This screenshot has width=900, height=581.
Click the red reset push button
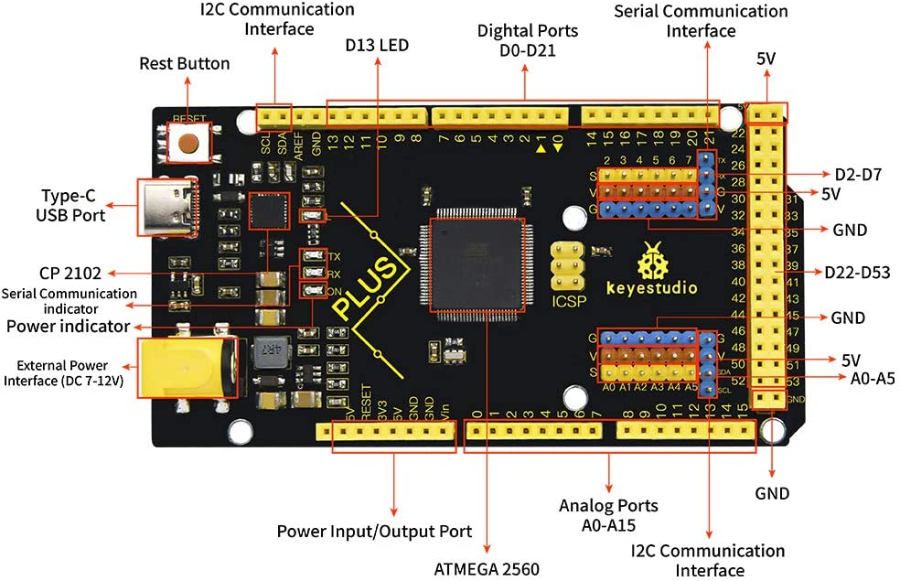[x=188, y=143]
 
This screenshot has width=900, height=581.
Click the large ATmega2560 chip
[x=472, y=271]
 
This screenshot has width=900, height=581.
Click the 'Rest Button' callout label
[x=184, y=64]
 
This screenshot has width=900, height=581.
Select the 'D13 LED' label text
[x=377, y=45]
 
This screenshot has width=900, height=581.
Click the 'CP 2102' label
[x=70, y=272]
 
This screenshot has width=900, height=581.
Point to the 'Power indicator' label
[x=67, y=326]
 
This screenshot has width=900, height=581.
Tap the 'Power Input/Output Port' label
[x=374, y=532]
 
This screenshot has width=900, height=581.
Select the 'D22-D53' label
[x=853, y=272]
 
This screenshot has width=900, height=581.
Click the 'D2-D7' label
[x=857, y=174]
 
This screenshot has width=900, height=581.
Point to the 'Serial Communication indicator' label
[x=69, y=300]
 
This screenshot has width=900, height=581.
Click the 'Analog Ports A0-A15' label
[x=607, y=514]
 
